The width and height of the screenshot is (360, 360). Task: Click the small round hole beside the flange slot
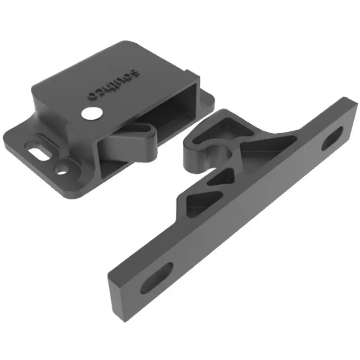pos(61,169)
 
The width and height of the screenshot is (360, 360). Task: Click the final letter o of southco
pos(91,95)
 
